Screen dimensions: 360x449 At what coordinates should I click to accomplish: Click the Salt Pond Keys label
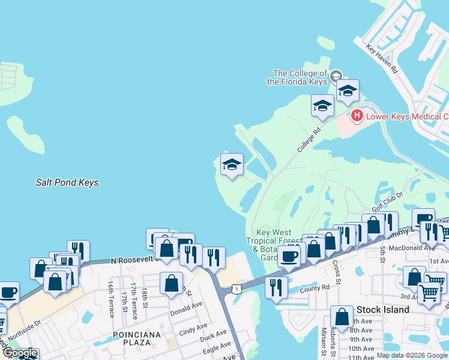click(x=67, y=182)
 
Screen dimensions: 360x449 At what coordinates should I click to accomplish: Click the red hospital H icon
click(x=357, y=115)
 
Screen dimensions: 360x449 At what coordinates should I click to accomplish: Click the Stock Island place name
click(x=382, y=310)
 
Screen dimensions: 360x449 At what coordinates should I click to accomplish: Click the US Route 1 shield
click(x=237, y=290)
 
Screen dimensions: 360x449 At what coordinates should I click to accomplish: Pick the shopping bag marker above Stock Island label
click(x=342, y=316)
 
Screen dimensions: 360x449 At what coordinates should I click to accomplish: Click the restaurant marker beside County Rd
click(x=276, y=286)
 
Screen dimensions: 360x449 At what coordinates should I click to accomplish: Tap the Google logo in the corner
click(x=19, y=353)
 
